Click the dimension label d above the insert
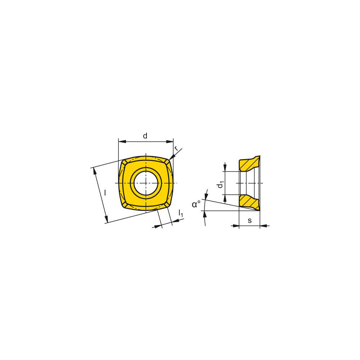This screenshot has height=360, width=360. coord(145,136)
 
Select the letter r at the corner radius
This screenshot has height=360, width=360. coord(176,148)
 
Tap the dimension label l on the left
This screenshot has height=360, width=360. coord(105,193)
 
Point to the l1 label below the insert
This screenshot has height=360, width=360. coord(181,214)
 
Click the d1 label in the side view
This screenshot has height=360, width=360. coord(220,185)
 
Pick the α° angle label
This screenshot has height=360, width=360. coord(196,204)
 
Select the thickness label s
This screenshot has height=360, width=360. coord(249,220)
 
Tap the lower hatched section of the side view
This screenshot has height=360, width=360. coord(248,202)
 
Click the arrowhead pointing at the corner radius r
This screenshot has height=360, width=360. coord(172,156)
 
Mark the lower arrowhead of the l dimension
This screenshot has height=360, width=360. coord(106,219)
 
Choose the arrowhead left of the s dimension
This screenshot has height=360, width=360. coord(236,226)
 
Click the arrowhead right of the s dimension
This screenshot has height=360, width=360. coord(263,226)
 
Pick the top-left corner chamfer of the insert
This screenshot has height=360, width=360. coord(124,164)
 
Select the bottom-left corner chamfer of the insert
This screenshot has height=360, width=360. coord(124,205)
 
